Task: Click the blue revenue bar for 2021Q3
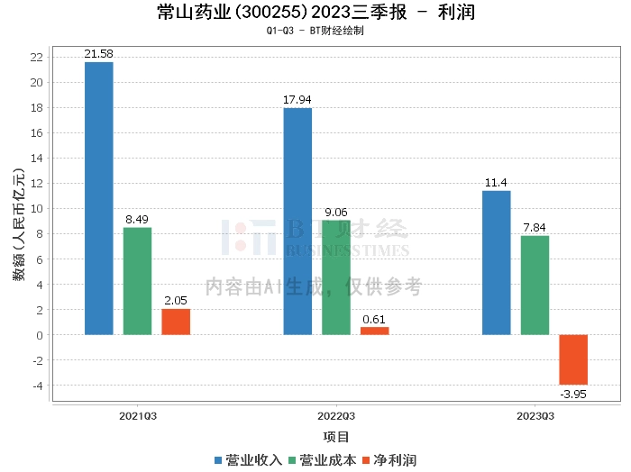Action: (x=99, y=198)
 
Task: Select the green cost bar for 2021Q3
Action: (x=137, y=281)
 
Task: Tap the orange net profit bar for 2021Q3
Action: (x=176, y=322)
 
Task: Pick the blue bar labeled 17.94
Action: (x=297, y=222)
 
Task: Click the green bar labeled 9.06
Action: (x=336, y=277)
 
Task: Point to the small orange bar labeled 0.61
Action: (x=375, y=331)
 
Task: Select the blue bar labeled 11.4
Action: (x=497, y=262)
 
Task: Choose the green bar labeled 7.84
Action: (x=535, y=285)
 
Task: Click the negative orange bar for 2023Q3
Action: (x=573, y=359)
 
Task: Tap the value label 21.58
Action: (x=99, y=55)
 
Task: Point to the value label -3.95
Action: (x=573, y=393)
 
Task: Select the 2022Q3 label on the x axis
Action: (x=336, y=417)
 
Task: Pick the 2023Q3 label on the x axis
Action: (x=535, y=417)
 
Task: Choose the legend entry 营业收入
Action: (x=249, y=459)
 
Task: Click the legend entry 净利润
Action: (x=389, y=459)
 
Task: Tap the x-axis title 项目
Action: (x=336, y=438)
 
